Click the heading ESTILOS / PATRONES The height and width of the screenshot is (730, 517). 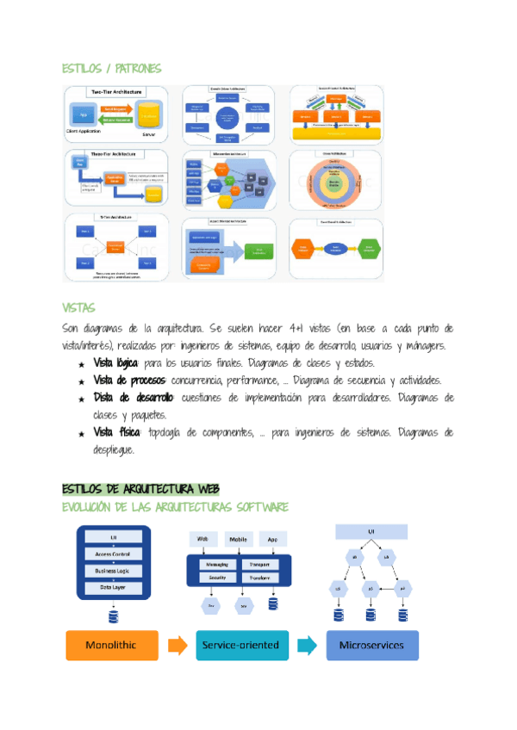pos(111,68)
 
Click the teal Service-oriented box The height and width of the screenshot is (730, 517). pos(241,644)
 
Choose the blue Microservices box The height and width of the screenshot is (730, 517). pos(371,644)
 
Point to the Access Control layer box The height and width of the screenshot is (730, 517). pos(114,554)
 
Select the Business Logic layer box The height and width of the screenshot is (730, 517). pos(114,570)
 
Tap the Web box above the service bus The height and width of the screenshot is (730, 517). pos(204,540)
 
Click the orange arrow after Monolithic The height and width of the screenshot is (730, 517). pos(177,644)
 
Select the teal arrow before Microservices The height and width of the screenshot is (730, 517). pos(306,644)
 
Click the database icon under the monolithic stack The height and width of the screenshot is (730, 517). pos(114,615)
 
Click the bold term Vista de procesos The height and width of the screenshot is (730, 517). pos(130,380)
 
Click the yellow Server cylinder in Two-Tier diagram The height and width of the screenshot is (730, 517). pos(150,118)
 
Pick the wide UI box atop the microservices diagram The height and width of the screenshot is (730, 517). pos(371,533)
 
